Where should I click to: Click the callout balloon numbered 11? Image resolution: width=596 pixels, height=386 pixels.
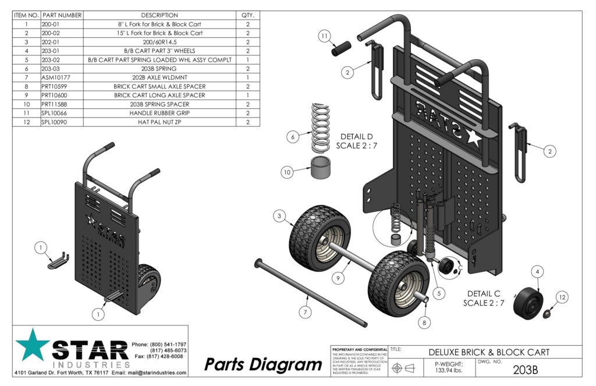coord(325,36)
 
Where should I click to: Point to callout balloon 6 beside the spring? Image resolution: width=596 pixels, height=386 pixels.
coord(294,137)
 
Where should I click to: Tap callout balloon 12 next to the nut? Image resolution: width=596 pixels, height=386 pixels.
coord(561,298)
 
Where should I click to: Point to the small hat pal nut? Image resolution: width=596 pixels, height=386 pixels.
coord(547,315)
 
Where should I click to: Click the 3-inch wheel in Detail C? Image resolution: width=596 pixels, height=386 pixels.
coord(528,301)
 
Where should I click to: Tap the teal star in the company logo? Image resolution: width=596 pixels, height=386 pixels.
coord(33,345)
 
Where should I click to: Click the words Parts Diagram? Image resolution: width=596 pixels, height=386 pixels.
coord(263,364)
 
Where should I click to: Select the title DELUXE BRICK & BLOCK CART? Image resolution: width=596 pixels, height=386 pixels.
coord(489,352)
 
